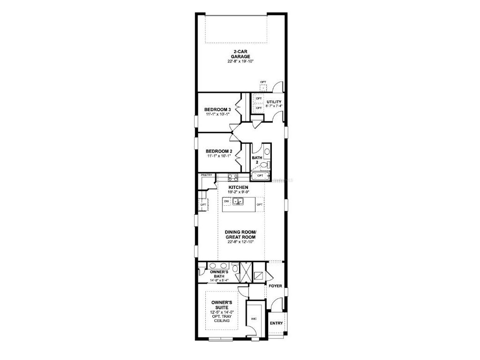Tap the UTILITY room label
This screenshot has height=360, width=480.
pos(274,101)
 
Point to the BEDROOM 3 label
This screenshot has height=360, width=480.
pos(217,110)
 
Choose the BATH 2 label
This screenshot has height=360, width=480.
pos(257,160)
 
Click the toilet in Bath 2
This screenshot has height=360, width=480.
pos(263,165)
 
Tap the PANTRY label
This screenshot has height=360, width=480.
pos(207,175)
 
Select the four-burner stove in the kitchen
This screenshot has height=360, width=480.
pos(233,177)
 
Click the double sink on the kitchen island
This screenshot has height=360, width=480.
pos(239,202)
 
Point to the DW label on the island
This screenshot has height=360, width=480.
pos(226,201)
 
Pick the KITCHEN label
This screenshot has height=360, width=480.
pos(239,187)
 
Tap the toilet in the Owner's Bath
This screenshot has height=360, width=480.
pos(201,271)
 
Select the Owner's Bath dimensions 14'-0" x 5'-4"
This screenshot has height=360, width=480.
pos(219,281)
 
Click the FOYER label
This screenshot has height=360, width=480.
pos(275,285)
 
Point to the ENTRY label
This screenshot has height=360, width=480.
pos(276,323)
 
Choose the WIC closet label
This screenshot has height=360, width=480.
pos(254,319)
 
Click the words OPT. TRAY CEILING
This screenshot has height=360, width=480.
pos(222,319)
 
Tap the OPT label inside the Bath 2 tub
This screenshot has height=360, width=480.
pos(260,176)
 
